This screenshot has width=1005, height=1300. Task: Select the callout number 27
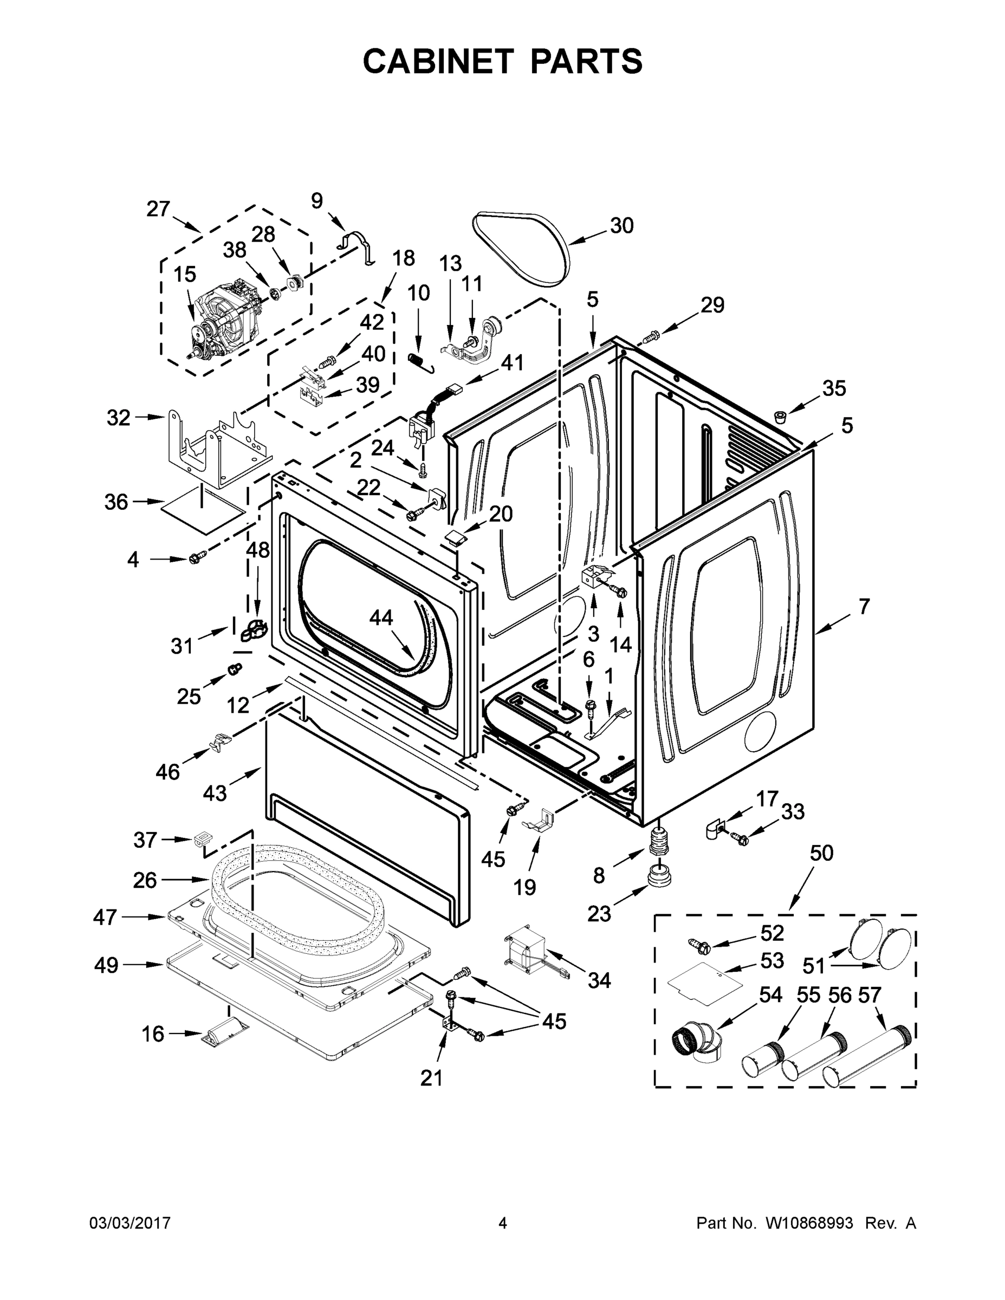tap(158, 209)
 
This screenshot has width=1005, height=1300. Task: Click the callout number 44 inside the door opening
tap(381, 618)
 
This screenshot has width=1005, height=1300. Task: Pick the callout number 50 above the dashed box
tap(822, 853)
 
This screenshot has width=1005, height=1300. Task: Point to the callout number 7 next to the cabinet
tap(864, 607)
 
